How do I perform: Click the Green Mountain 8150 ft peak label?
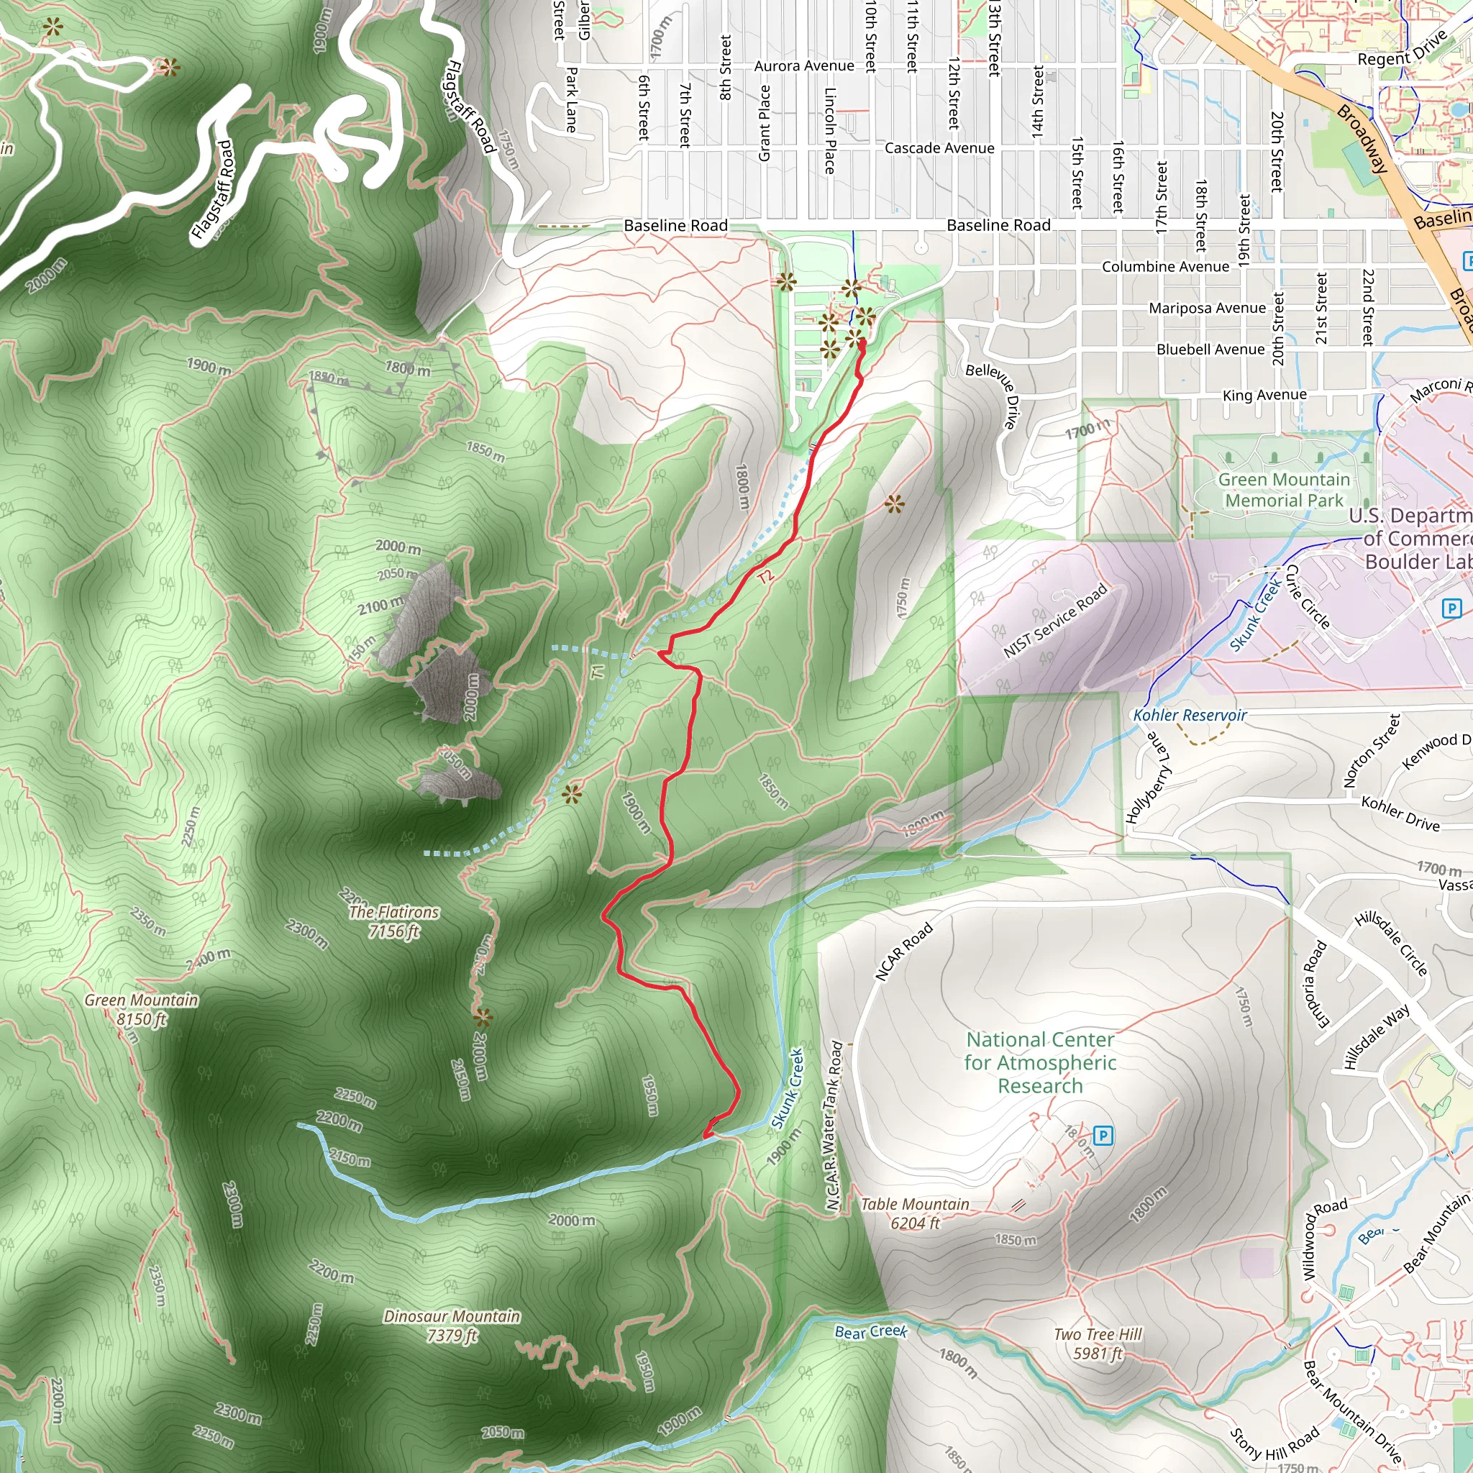pyautogui.click(x=141, y=1009)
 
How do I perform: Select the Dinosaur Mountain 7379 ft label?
pyautogui.click(x=452, y=1326)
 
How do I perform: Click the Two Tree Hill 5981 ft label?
pyautogui.click(x=1097, y=1344)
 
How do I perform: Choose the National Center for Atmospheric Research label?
pyautogui.click(x=1040, y=1062)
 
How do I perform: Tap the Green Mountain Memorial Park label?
pyautogui.click(x=1284, y=490)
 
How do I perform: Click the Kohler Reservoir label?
pyautogui.click(x=1190, y=715)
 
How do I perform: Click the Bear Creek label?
pyautogui.click(x=871, y=1331)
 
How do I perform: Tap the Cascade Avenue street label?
pyautogui.click(x=939, y=148)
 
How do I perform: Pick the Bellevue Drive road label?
pyautogui.click(x=993, y=395)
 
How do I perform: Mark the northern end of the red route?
pyautogui.click(x=862, y=343)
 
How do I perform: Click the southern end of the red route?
pyautogui.click(x=706, y=1136)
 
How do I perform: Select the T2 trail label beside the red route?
pyautogui.click(x=765, y=576)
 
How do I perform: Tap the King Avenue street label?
pyautogui.click(x=1264, y=395)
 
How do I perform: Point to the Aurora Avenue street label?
pyautogui.click(x=803, y=66)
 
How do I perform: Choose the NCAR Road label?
pyautogui.click(x=903, y=952)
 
